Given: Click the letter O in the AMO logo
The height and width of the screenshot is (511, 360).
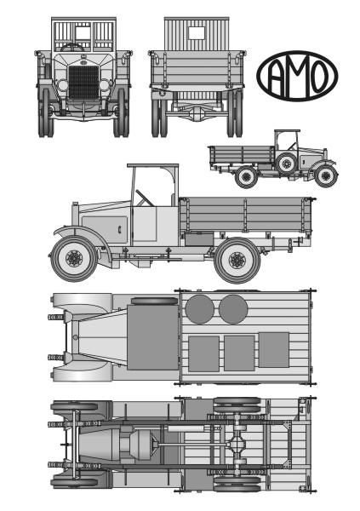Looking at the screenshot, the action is (x=318, y=76).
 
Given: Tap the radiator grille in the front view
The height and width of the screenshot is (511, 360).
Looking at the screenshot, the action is (x=83, y=83).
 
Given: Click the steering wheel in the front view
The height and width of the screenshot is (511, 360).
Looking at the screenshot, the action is (x=72, y=48).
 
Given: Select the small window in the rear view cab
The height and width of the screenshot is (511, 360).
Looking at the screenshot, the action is (x=197, y=32).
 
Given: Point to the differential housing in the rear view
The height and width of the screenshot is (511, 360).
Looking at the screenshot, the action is (x=197, y=112).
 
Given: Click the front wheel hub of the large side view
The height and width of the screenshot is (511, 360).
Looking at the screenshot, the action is (x=74, y=259).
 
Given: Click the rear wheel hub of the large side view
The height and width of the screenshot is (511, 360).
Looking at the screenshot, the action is (x=237, y=260).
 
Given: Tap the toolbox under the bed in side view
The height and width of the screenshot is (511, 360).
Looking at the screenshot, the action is (x=199, y=238).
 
